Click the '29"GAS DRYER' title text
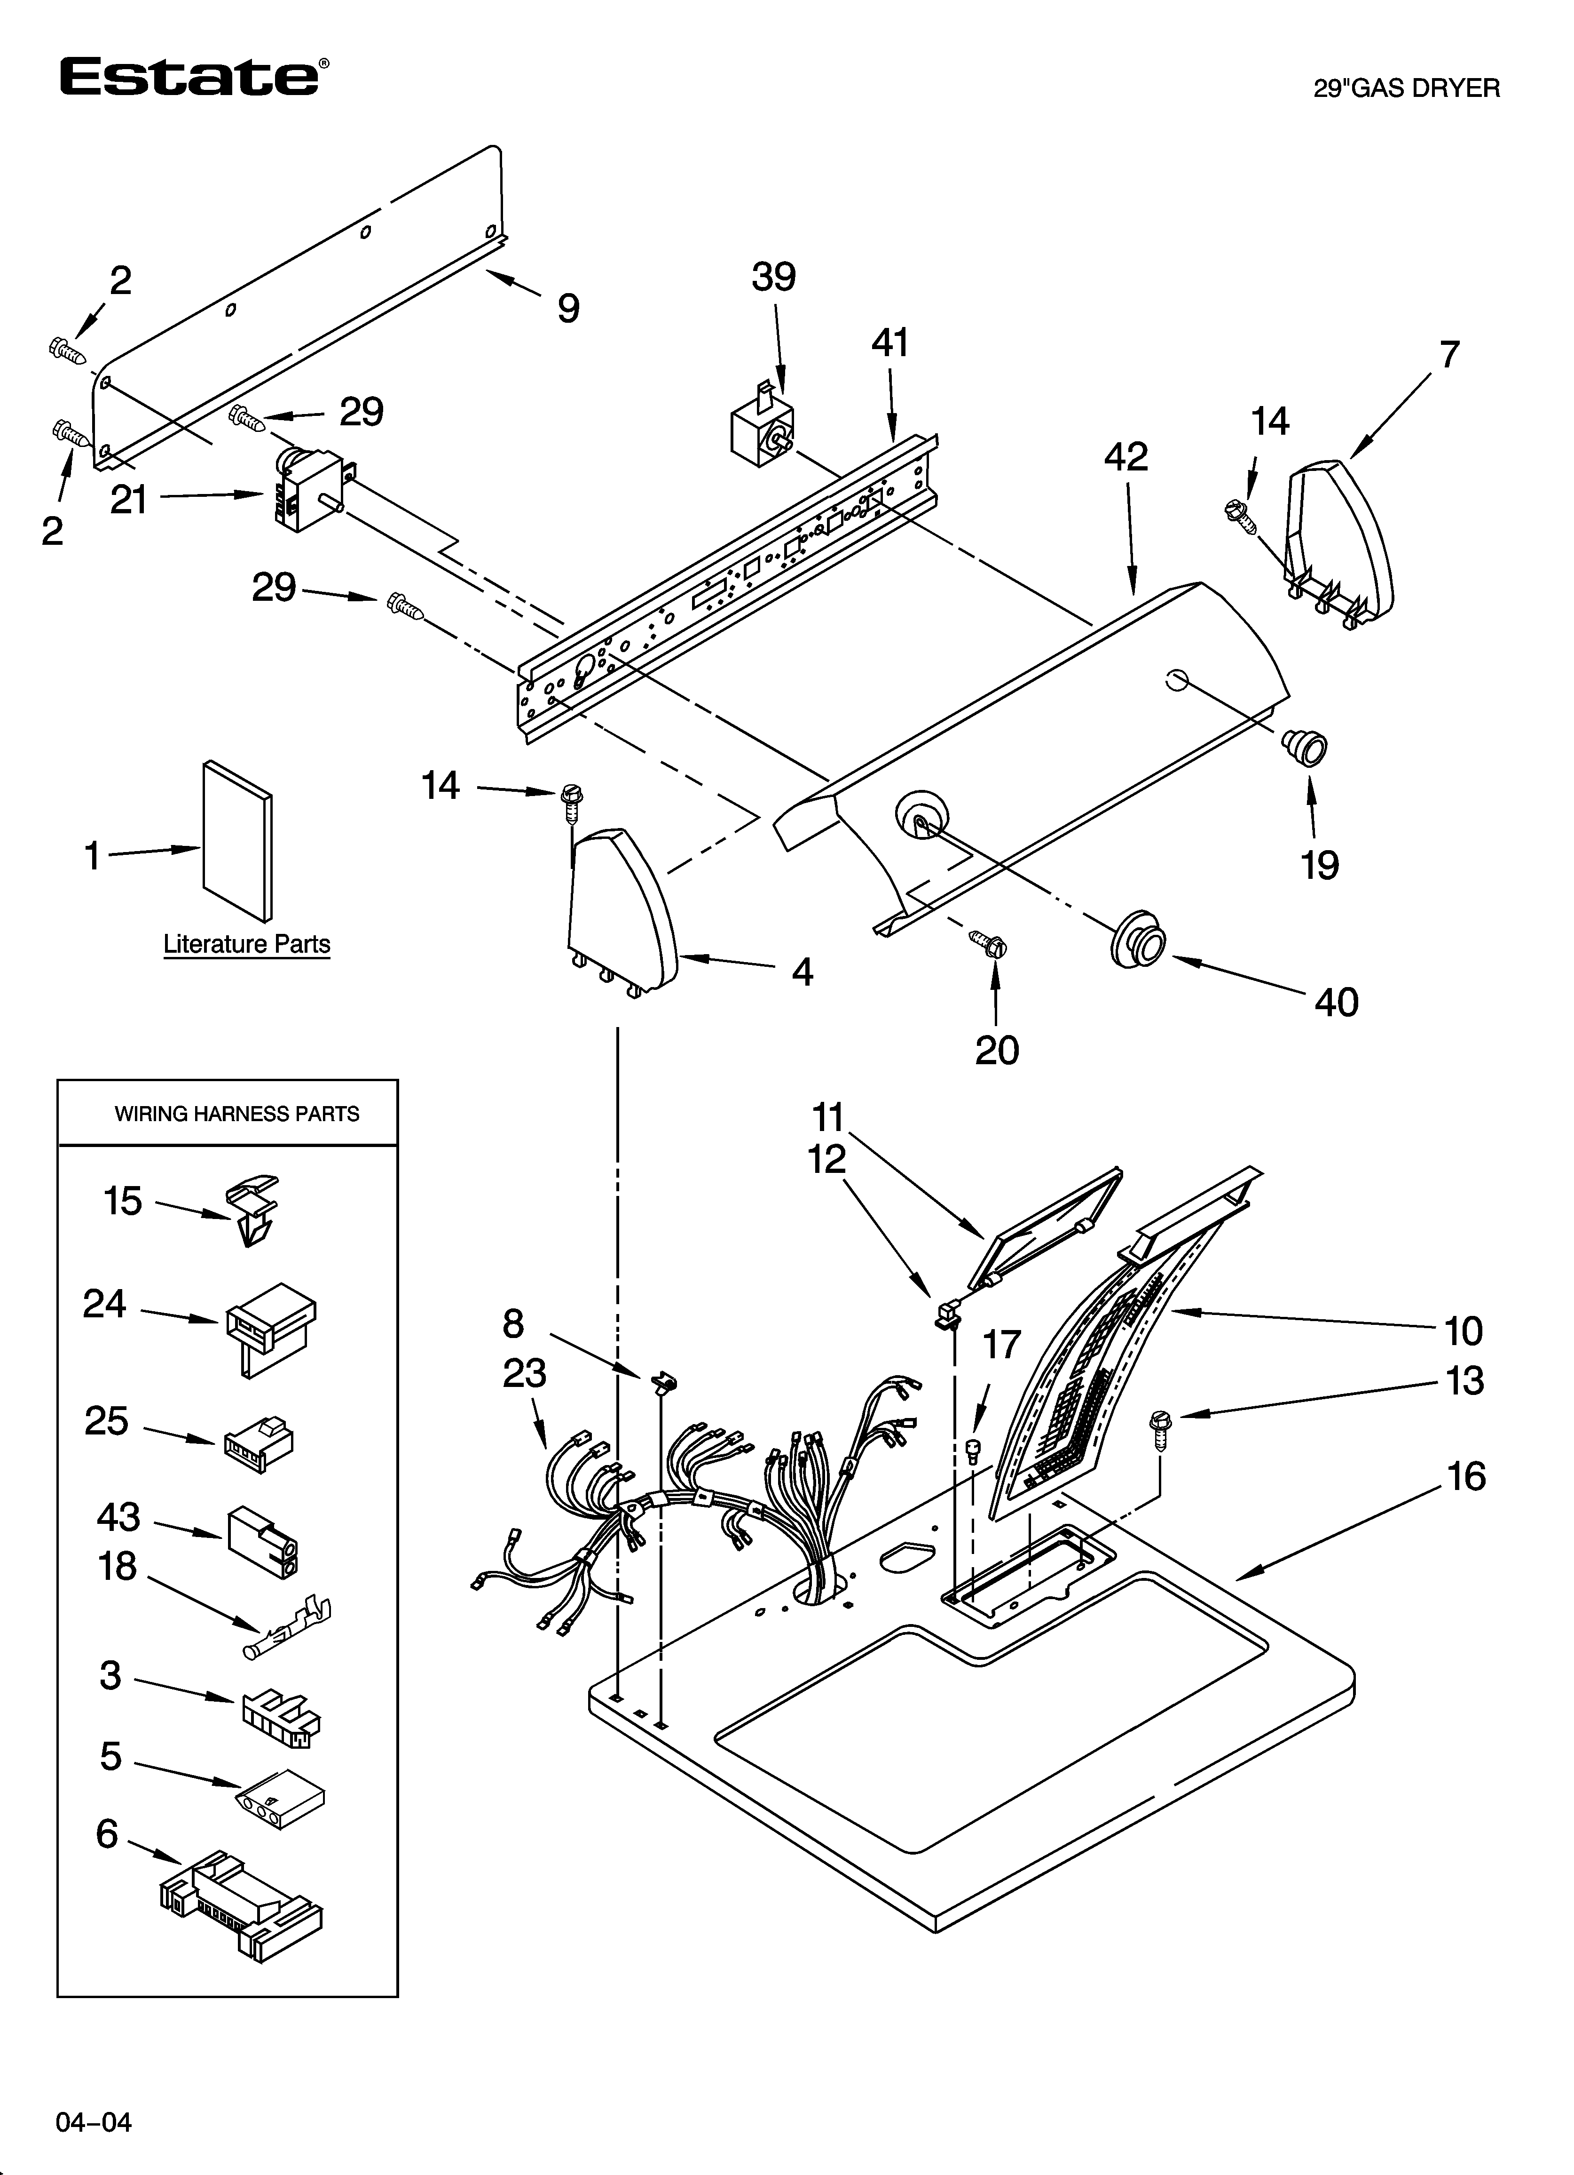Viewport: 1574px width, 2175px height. point(1405,89)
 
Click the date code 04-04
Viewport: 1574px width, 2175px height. point(93,2122)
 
